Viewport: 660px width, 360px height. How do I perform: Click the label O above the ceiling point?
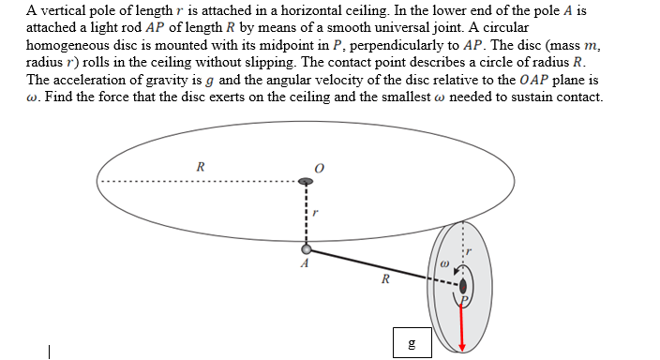[319, 168]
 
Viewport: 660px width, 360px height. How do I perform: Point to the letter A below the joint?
[303, 264]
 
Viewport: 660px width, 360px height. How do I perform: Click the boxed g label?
[408, 343]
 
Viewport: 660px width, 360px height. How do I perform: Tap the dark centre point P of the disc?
[461, 288]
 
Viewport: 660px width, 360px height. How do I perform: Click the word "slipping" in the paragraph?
[317, 61]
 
